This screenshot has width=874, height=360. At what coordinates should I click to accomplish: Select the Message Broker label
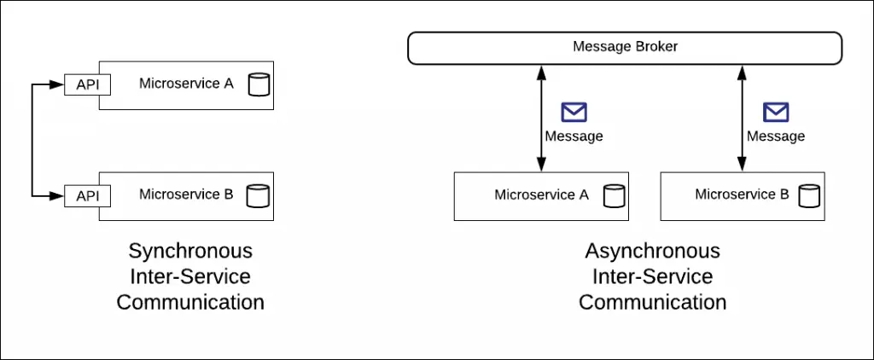625,46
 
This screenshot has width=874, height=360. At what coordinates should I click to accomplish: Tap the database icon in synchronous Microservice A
257,85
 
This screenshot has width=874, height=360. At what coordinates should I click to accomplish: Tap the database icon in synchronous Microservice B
257,196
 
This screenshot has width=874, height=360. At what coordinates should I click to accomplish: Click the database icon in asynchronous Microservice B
808,196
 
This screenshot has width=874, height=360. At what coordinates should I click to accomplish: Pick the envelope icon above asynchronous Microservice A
574,112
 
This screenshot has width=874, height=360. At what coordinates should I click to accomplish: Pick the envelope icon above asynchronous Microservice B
776,112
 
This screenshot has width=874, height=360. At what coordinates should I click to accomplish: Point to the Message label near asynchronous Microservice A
574,136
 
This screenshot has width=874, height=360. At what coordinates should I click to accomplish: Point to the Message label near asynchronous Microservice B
776,136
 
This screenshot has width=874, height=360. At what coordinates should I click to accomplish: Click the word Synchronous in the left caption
190,251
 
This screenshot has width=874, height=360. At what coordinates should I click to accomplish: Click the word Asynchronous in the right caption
652,251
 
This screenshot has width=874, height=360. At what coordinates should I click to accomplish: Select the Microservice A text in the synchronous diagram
186,84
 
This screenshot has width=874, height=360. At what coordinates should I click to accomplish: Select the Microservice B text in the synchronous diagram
186,195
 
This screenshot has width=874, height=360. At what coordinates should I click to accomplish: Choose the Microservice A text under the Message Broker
541,195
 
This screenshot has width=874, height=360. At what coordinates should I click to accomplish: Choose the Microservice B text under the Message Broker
742,195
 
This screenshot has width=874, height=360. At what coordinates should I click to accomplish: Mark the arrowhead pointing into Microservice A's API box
60,85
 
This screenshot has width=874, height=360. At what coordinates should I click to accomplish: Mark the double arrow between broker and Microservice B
741,118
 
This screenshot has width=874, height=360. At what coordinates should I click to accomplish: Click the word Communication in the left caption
190,302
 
